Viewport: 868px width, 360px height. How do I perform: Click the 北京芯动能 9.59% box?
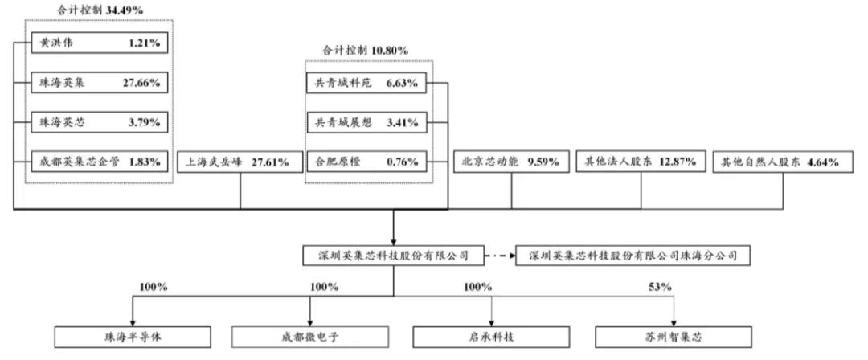[x=512, y=162]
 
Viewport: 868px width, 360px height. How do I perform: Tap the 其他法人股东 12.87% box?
[x=641, y=162]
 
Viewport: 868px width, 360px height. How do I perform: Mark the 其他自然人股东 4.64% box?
[x=780, y=162]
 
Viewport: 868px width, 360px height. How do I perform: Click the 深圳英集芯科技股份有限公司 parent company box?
[x=394, y=256]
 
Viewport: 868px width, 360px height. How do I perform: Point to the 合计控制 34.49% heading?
[x=97, y=10]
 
